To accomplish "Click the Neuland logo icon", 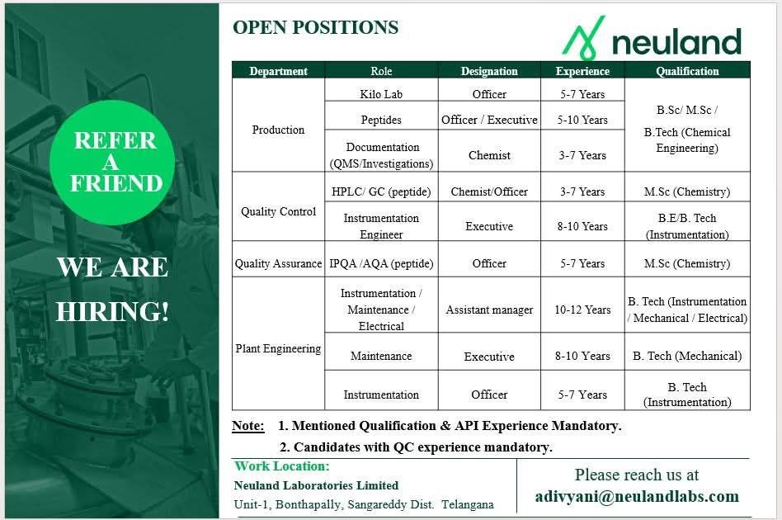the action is tap(584, 37).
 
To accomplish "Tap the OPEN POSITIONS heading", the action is tap(316, 27).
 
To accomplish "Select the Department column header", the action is tap(278, 71).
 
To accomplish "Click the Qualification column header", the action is tap(687, 71).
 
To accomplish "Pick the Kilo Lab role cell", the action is tap(381, 94).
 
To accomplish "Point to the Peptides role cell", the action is tap(381, 120).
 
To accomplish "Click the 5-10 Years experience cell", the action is tap(582, 120).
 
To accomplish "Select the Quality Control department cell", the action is tap(278, 211).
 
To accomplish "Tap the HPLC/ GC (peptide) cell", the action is tap(381, 191).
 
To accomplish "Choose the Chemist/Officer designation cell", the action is tap(489, 191).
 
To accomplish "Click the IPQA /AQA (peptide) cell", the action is tap(381, 263).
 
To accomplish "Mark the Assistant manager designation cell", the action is tap(489, 310).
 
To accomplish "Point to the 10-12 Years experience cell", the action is tap(582, 310).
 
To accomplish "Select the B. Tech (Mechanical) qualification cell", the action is tap(687, 356).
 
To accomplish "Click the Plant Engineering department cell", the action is tap(278, 348).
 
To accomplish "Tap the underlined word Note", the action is tap(247, 426).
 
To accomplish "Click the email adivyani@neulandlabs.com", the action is tap(637, 497).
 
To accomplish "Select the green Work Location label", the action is tap(282, 466).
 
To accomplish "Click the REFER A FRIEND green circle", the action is tap(112, 163).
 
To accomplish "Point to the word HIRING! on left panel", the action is tap(113, 312).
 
